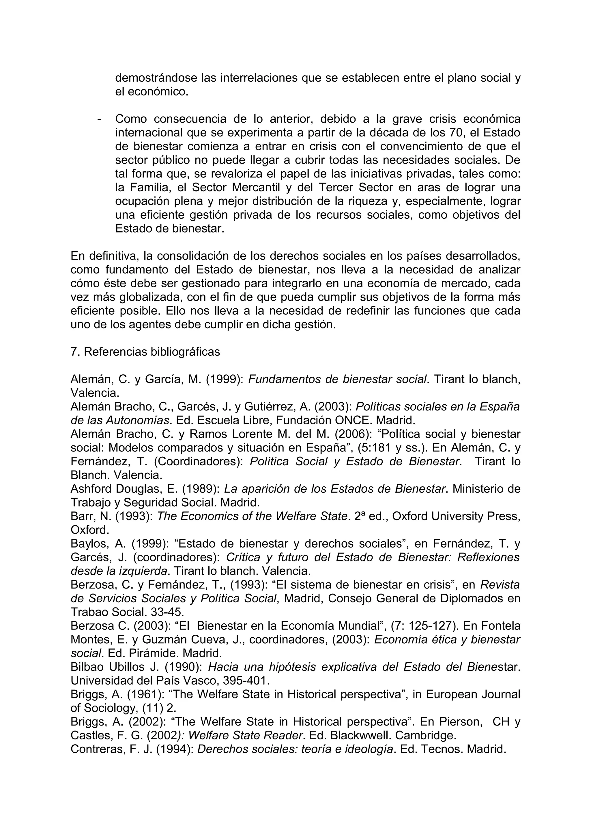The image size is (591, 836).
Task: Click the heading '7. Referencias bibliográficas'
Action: [145, 352]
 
